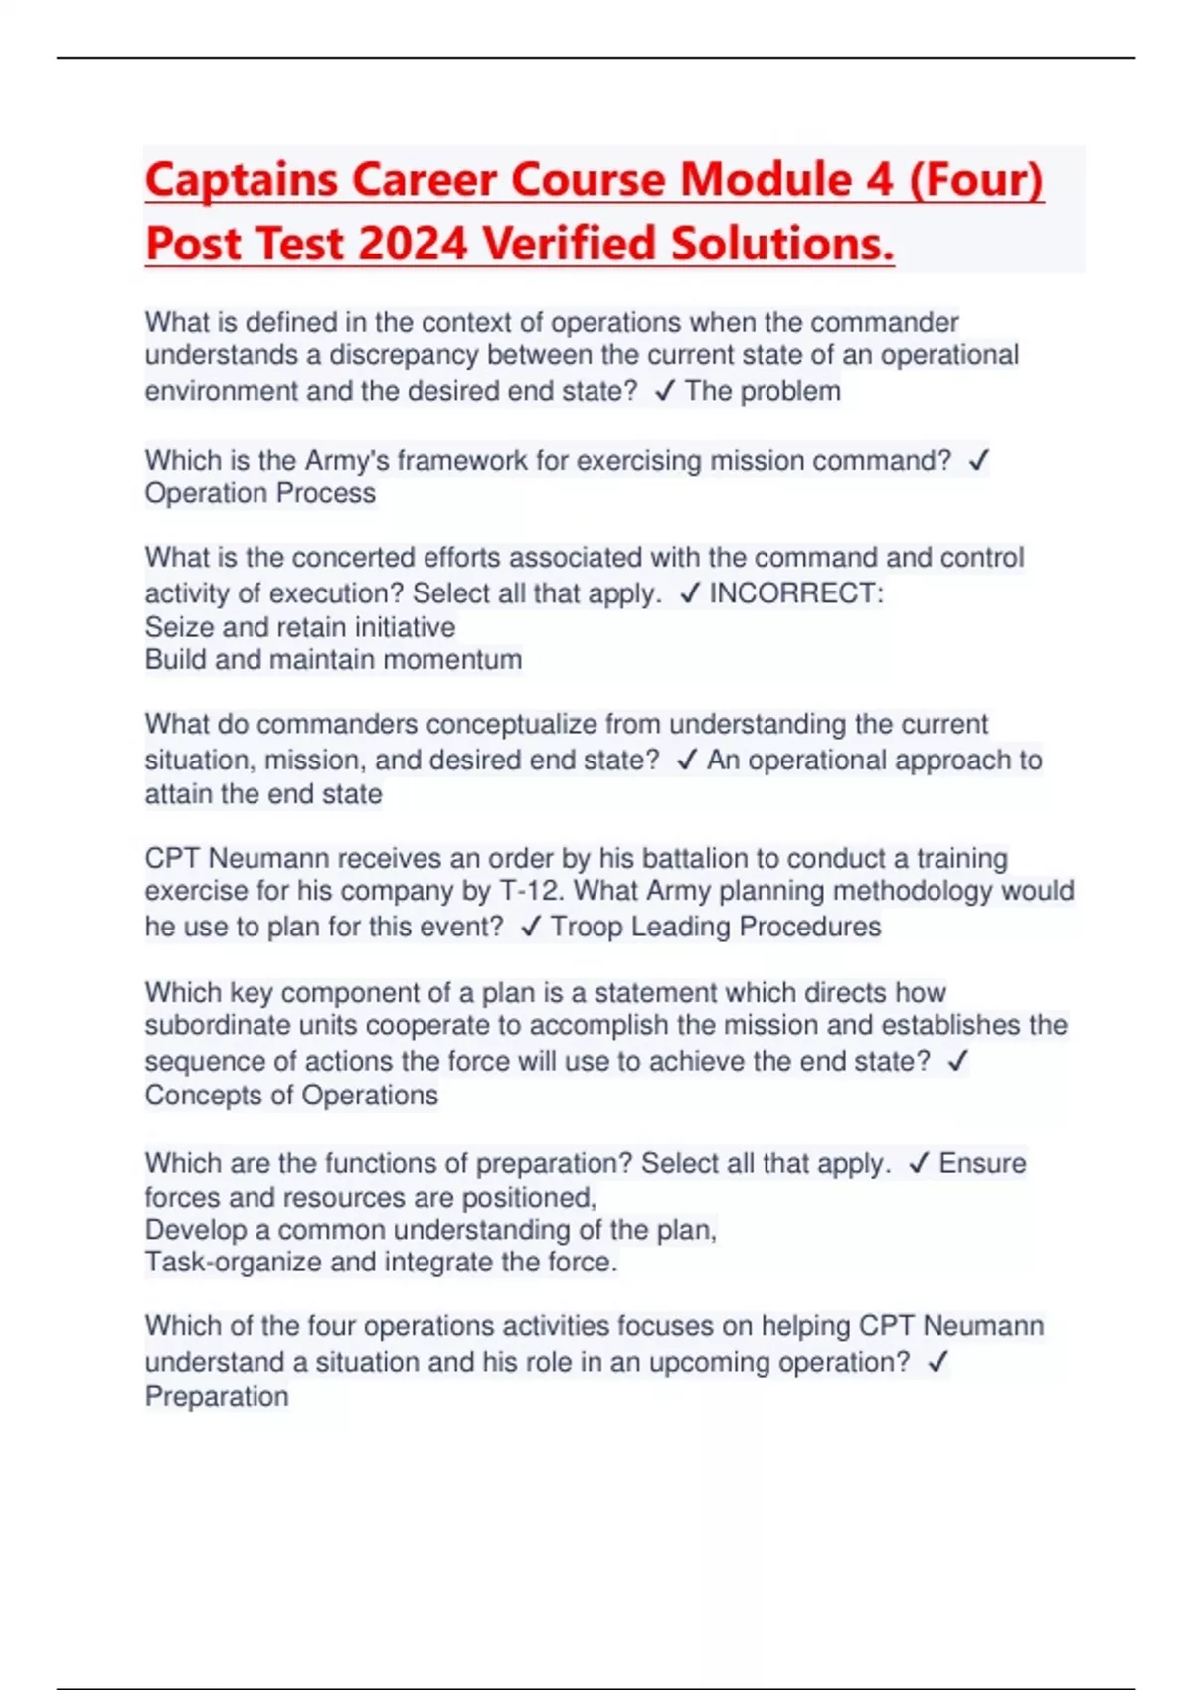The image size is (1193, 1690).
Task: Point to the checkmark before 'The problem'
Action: [x=665, y=391]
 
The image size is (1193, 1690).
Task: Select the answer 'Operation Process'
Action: [x=260, y=494]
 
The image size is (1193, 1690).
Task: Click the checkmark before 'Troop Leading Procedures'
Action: [x=531, y=927]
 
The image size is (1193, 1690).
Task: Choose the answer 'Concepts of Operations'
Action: [x=291, y=1096]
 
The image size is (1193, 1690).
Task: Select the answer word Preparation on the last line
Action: [x=217, y=1397]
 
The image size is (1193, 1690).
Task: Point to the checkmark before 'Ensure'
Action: [x=919, y=1163]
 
